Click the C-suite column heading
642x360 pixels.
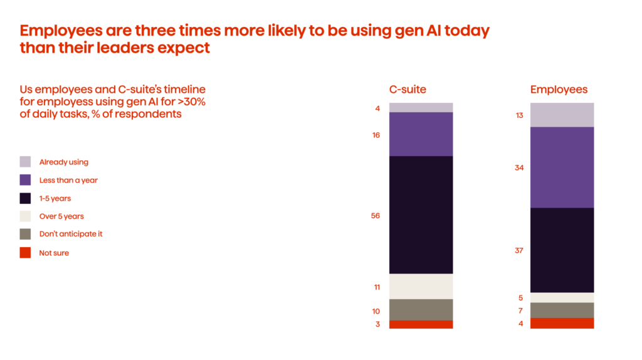coord(408,90)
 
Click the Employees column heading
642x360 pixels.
coord(559,90)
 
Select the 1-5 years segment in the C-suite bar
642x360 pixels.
coord(421,214)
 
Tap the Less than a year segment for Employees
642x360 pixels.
coord(562,167)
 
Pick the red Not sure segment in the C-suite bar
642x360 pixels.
coord(421,324)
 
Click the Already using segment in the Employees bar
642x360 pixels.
coord(562,115)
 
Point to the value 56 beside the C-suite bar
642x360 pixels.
coord(376,216)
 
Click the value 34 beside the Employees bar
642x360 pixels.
coord(519,167)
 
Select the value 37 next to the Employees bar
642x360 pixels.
coord(519,250)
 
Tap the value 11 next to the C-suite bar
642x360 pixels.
coord(377,287)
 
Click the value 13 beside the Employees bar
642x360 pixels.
coord(519,115)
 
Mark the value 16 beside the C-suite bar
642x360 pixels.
coord(376,135)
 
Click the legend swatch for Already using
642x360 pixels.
coord(25,162)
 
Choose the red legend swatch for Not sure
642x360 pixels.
coord(25,253)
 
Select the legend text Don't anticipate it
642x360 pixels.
coord(71,234)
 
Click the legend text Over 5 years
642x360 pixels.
coord(61,216)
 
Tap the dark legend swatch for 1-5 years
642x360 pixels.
coord(25,198)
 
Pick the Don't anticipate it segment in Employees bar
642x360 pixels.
coord(562,310)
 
